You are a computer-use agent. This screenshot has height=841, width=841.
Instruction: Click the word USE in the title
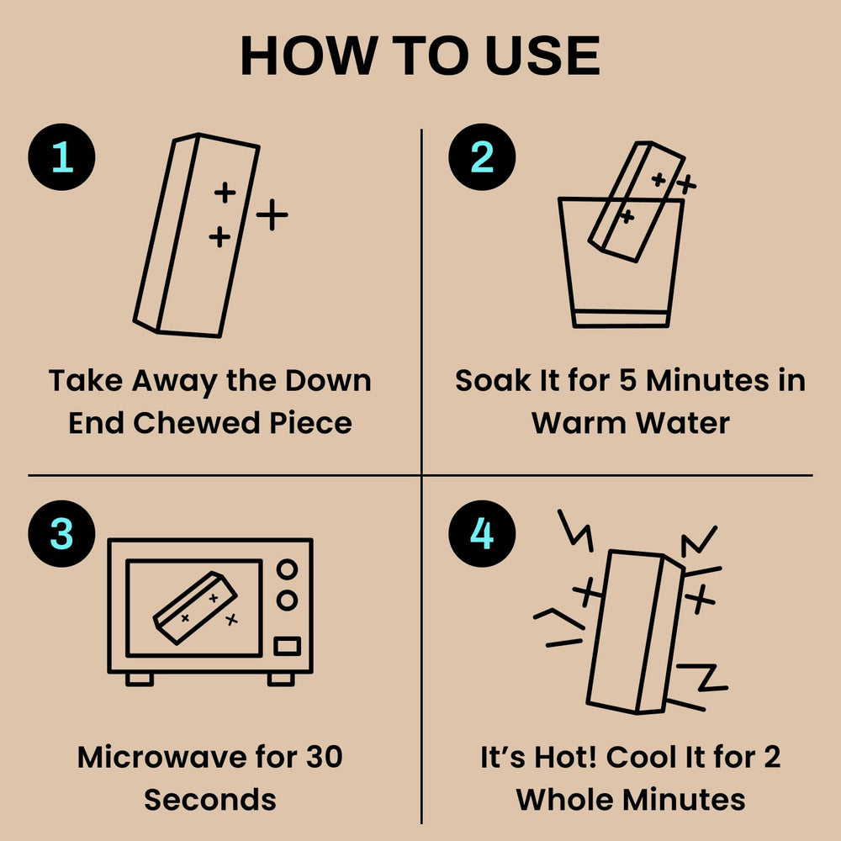click(x=542, y=56)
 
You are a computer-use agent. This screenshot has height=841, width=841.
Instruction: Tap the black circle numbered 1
click(x=61, y=157)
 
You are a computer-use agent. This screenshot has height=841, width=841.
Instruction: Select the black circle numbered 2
click(x=482, y=157)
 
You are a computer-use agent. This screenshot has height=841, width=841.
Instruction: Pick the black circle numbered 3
click(x=61, y=534)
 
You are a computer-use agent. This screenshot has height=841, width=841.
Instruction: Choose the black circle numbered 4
click(x=482, y=534)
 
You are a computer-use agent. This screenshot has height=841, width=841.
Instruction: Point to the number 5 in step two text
click(x=628, y=380)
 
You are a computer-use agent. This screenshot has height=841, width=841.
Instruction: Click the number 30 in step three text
click(x=324, y=757)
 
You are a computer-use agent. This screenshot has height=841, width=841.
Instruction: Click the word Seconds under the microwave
click(x=210, y=800)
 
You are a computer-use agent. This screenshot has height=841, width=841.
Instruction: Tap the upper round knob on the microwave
click(x=287, y=569)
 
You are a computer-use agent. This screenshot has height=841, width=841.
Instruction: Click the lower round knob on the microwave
click(x=287, y=600)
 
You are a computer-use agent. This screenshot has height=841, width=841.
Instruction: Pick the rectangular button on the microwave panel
click(x=287, y=646)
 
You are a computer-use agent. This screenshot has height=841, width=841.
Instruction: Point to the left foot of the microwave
click(x=140, y=679)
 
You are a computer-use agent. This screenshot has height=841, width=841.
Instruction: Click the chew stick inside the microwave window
click(x=195, y=608)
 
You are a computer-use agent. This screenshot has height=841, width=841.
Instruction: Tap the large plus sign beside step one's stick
click(x=272, y=214)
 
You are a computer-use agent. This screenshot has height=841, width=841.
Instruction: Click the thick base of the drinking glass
click(x=621, y=318)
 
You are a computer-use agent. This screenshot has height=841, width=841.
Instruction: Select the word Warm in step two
click(x=579, y=423)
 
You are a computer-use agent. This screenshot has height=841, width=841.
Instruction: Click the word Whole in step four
click(x=563, y=800)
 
